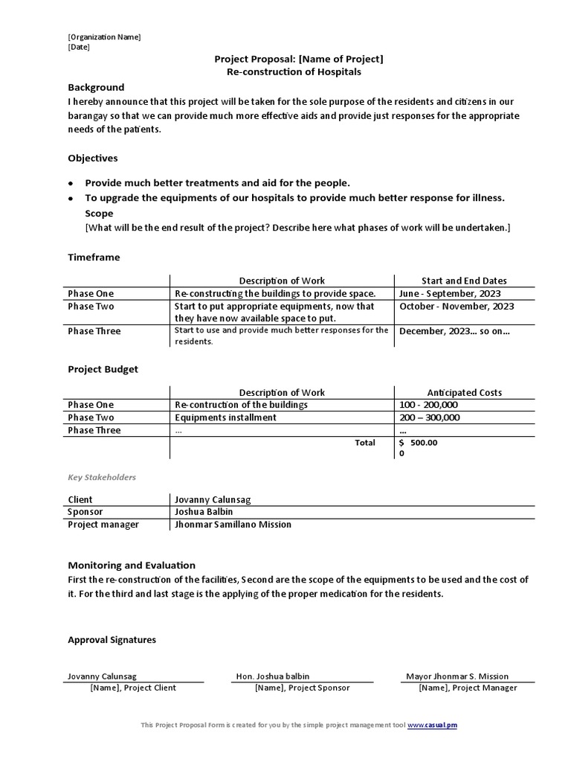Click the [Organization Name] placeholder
[104, 37]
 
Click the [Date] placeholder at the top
[79, 47]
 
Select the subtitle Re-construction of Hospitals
[294, 71]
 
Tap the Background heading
[96, 87]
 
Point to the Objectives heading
[93, 158]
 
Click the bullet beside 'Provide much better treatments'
[71, 183]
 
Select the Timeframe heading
[94, 257]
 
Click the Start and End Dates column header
[464, 281]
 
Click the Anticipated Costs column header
[464, 392]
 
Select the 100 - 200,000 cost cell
[428, 405]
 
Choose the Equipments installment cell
[225, 417]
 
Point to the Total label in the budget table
[365, 442]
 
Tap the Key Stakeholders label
[102, 477]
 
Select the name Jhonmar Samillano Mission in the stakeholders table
[233, 524]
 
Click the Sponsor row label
[86, 512]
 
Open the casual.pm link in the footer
[442, 725]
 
